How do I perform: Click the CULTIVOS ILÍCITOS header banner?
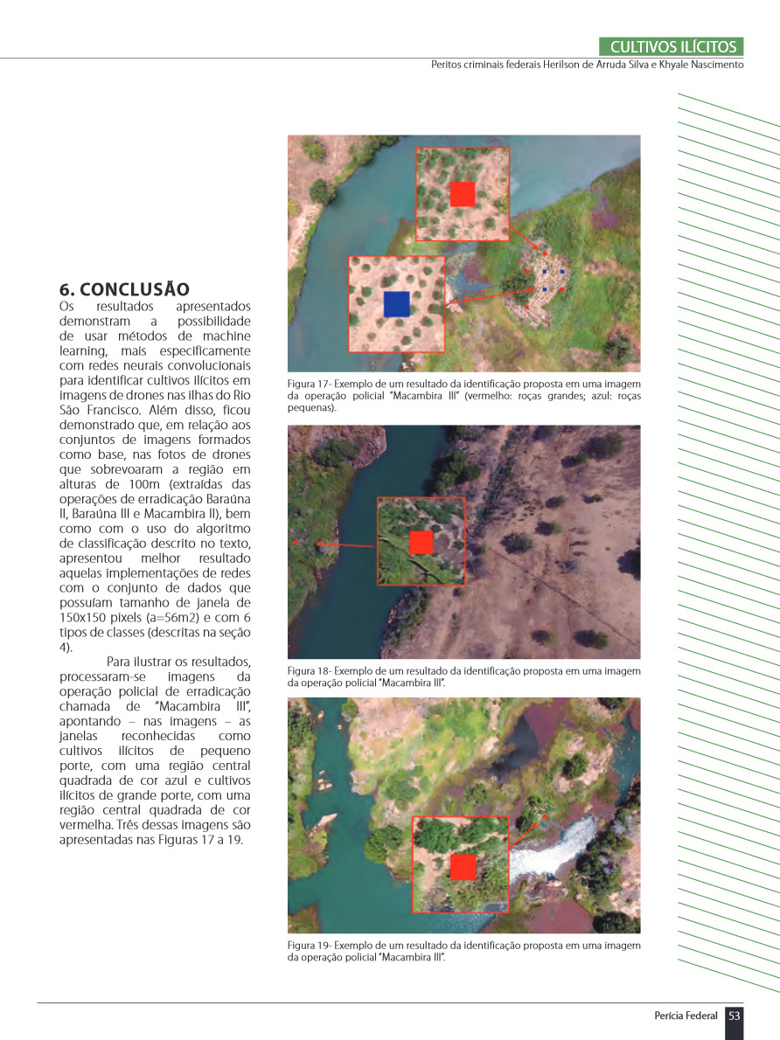672,47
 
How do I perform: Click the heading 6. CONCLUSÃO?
124,289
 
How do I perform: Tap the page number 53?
735,1016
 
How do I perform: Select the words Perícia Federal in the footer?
686,1016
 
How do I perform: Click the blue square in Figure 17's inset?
396,304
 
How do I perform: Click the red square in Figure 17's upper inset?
462,194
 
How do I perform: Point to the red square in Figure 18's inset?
421,542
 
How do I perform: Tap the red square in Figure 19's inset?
463,867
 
